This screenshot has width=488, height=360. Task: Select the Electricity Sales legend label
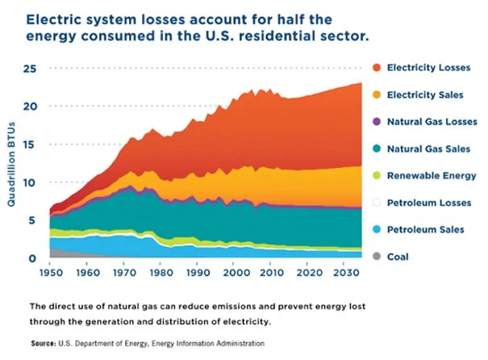[x=425, y=94]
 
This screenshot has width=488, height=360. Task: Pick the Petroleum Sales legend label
[x=425, y=229]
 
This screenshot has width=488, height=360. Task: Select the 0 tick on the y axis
[x=33, y=258]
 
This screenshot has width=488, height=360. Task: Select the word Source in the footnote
[x=42, y=344]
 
